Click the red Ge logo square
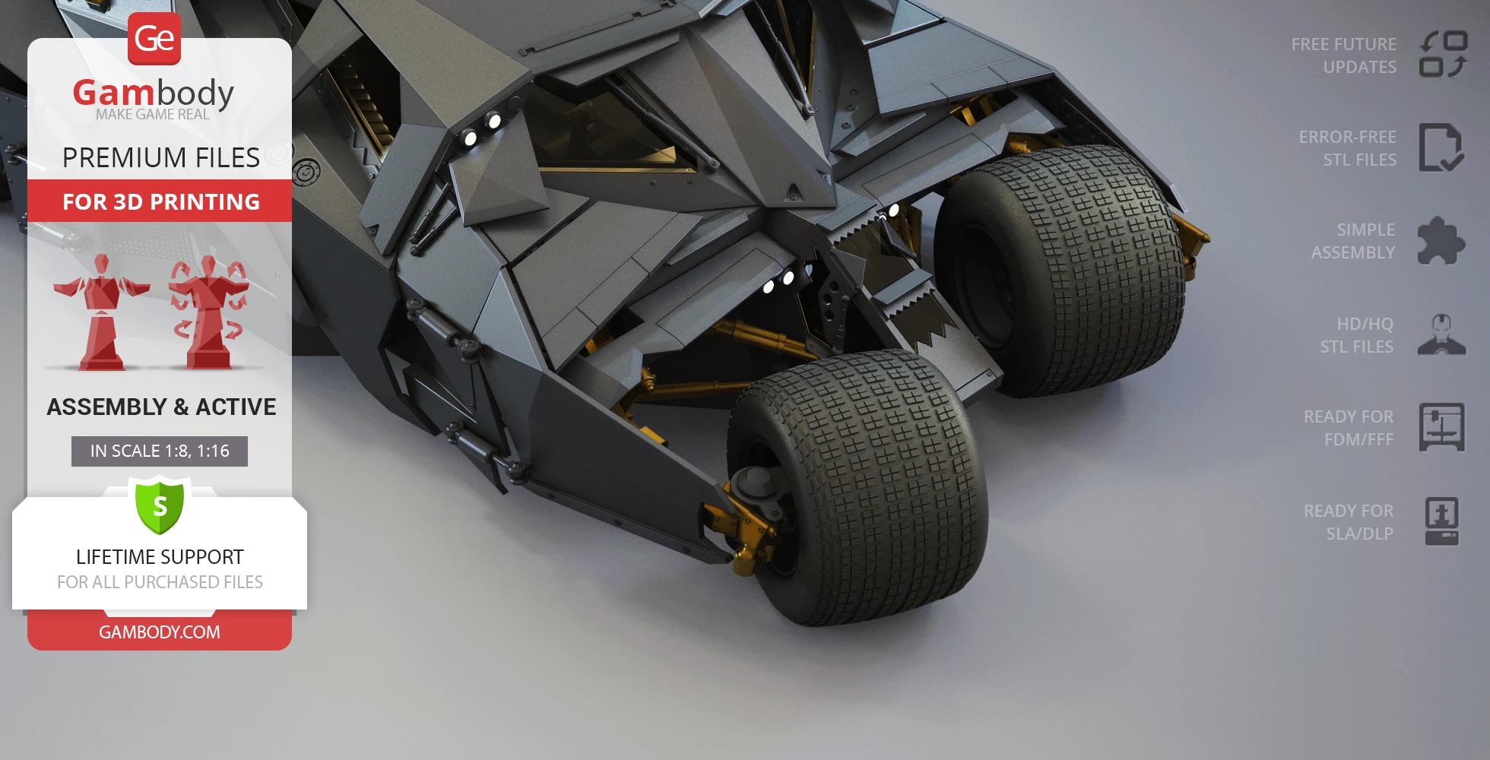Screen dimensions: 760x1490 [x=154, y=39]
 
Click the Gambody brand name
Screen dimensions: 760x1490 [x=154, y=93]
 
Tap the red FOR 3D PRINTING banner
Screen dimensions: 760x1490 [x=160, y=201]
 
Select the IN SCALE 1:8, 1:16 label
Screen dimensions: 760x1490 [x=160, y=451]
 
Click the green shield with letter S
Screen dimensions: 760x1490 [x=160, y=505]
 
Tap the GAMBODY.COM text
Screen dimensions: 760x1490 [x=160, y=632]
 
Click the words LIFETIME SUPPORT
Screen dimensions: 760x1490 [x=160, y=557]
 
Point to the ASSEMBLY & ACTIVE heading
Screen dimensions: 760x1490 [x=161, y=407]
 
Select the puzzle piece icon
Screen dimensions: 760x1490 [x=1441, y=241]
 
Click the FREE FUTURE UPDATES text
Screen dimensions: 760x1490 [x=1343, y=55]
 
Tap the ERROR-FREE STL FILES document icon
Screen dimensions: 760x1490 [x=1441, y=147]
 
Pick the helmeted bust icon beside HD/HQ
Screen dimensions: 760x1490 [x=1441, y=334]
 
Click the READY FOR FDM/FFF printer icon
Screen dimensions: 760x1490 [x=1441, y=427]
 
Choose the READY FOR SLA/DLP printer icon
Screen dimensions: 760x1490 [x=1441, y=521]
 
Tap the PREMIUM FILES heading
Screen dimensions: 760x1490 [x=161, y=157]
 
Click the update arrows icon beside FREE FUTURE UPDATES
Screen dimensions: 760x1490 [x=1442, y=54]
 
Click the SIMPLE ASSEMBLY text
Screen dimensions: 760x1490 [x=1352, y=241]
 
